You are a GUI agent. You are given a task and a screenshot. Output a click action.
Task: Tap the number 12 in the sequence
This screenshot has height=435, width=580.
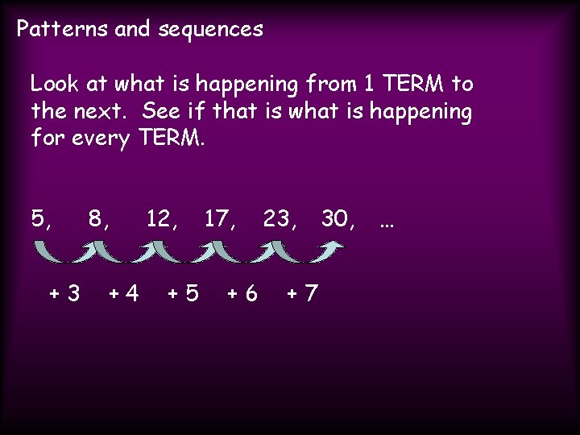160,218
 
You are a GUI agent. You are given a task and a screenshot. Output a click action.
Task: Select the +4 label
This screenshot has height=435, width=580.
123,292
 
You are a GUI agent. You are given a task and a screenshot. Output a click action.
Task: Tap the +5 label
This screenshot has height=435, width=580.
183,292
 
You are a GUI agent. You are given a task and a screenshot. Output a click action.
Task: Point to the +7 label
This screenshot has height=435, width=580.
302,292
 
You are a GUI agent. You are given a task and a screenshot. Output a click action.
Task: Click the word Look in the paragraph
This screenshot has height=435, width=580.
52,83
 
